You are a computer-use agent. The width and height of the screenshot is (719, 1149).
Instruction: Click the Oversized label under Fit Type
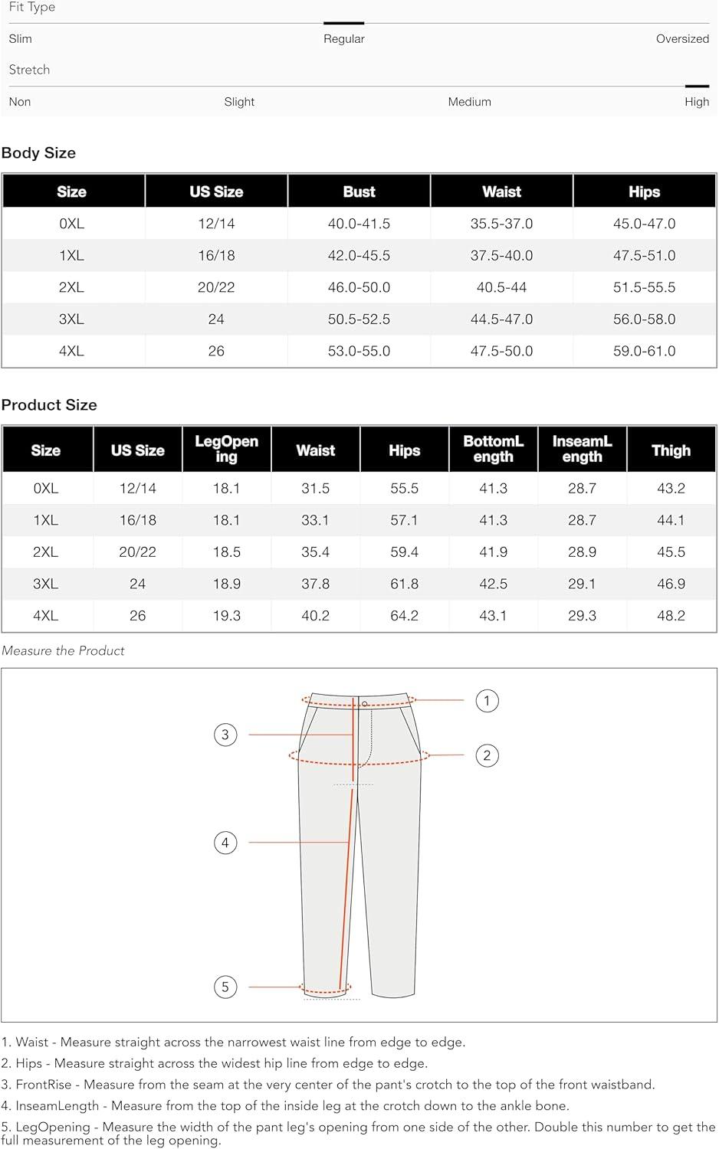click(681, 39)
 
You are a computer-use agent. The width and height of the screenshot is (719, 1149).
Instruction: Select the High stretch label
click(696, 102)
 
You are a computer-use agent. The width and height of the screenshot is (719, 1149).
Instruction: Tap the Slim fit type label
click(21, 39)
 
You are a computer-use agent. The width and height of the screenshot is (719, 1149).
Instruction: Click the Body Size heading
click(38, 152)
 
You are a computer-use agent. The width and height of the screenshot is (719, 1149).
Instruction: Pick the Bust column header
click(359, 192)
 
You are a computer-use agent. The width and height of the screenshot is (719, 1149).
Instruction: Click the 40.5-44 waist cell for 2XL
click(501, 287)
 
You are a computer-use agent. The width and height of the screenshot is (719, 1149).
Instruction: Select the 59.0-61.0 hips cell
click(644, 351)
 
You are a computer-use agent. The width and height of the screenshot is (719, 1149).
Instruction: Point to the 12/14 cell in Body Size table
click(216, 224)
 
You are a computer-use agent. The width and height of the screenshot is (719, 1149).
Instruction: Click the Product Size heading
click(49, 405)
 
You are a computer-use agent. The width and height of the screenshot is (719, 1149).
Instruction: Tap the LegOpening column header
click(226, 449)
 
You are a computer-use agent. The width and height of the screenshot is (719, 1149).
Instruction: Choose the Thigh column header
click(671, 450)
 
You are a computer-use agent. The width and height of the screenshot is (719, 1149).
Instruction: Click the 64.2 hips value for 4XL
click(404, 616)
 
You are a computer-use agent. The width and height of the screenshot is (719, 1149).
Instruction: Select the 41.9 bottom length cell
click(493, 552)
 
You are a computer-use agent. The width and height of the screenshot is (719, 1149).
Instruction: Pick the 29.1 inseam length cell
click(582, 584)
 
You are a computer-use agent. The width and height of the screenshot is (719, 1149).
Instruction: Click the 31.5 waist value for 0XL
click(315, 489)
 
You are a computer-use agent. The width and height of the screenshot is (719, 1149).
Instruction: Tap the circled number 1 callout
click(487, 701)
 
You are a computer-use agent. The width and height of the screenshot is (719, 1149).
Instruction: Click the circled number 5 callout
click(225, 987)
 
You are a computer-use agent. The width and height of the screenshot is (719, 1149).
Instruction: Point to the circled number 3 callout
click(225, 735)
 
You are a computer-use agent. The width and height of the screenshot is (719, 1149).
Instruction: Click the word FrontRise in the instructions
click(44, 1085)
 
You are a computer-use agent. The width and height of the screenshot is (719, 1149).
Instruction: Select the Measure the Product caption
click(63, 651)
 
